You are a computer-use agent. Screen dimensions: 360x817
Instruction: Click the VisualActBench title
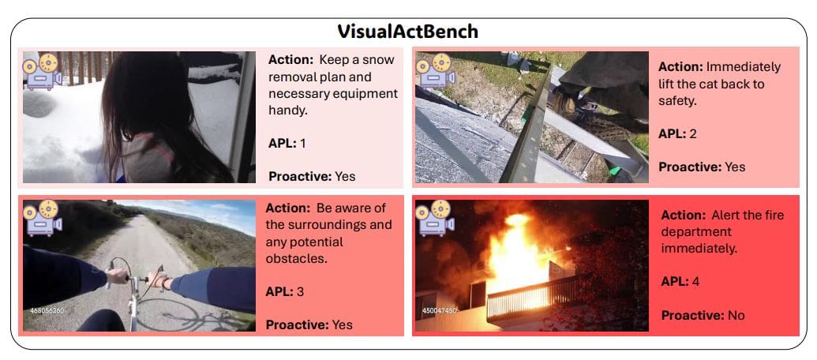click(408, 32)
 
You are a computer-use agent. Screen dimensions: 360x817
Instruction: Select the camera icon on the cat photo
click(433, 70)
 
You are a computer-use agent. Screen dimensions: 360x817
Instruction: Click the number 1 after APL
click(302, 144)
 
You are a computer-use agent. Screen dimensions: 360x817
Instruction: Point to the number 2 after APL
click(693, 133)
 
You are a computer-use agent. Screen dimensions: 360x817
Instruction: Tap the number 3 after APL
click(300, 291)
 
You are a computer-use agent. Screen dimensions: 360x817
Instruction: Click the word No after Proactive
click(736, 315)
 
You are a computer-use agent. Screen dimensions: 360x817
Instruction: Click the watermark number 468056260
click(46, 310)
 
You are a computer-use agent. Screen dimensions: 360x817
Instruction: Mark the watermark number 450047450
click(440, 311)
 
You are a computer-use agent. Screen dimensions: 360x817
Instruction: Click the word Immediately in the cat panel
click(744, 66)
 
